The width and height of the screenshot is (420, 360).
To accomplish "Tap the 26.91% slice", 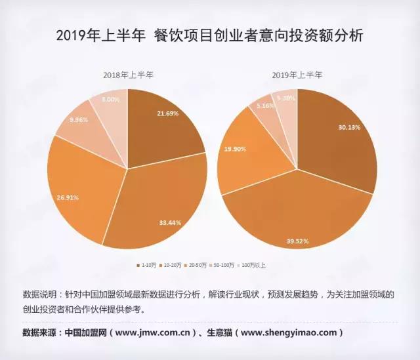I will (79, 190).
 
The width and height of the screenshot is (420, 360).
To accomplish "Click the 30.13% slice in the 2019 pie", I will (338, 141).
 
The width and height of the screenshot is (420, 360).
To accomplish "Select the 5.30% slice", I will (285, 101).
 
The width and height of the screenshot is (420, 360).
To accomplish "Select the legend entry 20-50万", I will (199, 265).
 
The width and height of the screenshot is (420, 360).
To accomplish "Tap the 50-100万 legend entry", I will (226, 265).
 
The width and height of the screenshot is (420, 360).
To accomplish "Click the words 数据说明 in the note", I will (39, 294).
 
